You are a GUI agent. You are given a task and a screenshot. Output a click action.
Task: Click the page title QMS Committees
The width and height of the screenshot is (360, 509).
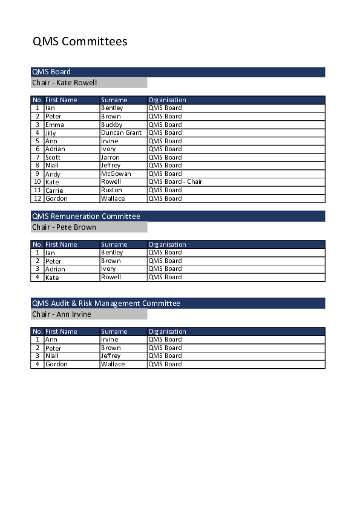80,42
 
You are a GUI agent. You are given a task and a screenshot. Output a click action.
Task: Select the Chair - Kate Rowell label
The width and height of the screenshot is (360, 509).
64,83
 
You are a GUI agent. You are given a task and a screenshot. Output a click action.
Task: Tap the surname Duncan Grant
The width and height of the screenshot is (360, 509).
121,132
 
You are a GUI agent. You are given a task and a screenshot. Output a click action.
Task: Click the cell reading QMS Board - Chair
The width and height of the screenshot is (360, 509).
175,181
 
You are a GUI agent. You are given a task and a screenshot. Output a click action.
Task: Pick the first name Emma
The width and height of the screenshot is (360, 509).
54,125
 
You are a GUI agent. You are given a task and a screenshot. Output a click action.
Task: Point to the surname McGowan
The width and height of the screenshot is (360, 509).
116,173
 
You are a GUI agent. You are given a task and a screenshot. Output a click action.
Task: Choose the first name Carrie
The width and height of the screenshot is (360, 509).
54,190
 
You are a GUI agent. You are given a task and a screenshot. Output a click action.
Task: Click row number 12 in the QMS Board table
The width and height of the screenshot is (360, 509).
38,198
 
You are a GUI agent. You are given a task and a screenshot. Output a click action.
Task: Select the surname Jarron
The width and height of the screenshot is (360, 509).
110,157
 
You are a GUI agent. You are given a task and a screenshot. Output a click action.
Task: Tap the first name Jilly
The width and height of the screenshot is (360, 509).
52,132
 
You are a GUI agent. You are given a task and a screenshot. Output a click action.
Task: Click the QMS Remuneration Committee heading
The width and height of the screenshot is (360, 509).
86,216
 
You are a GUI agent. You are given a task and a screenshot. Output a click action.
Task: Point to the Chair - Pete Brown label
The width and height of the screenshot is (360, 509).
64,227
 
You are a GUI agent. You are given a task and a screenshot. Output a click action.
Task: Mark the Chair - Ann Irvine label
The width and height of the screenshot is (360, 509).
62,314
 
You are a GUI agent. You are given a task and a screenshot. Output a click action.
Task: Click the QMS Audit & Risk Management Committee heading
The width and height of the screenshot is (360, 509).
106,303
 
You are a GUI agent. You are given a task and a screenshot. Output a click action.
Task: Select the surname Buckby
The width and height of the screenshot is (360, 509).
111,125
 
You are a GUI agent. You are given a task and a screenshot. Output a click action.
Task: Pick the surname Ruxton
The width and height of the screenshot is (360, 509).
111,190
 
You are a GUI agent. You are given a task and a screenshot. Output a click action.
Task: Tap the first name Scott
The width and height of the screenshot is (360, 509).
53,157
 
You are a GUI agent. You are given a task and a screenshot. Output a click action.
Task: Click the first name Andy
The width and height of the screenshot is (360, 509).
53,173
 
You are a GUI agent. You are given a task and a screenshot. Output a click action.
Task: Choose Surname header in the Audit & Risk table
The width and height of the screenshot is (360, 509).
114,331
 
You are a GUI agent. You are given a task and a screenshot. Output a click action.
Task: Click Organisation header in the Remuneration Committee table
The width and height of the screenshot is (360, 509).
168,244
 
